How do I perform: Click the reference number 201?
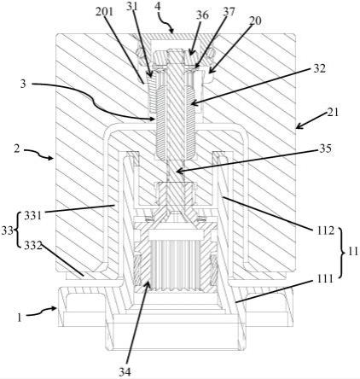point(104,12)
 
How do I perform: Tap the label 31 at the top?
point(131,7)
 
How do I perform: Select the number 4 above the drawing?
point(158,7)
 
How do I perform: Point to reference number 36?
point(202,15)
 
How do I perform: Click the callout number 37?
point(229,12)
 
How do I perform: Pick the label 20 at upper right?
point(255,20)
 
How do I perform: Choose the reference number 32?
point(319,68)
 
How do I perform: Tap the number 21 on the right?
point(333,112)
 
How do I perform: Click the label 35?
point(326,149)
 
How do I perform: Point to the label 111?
point(325,279)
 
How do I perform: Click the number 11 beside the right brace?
point(353,252)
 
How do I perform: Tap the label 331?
point(32,216)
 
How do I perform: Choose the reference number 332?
point(33,245)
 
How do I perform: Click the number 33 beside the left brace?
point(7,230)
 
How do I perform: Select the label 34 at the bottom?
point(125,372)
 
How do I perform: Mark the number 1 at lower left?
point(19,318)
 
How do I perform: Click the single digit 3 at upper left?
point(23,84)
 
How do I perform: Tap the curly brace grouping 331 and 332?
point(18,230)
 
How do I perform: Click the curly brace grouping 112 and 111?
point(343,253)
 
